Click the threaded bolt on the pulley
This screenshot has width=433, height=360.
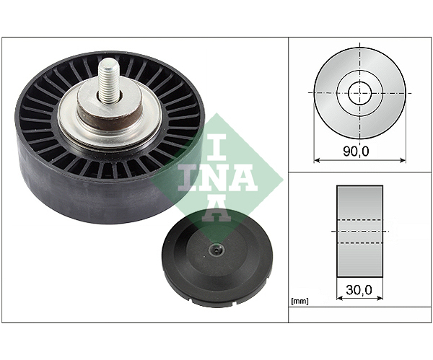[x=109, y=82]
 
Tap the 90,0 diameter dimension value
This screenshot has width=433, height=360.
[x=356, y=151]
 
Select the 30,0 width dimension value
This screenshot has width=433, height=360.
[x=359, y=289]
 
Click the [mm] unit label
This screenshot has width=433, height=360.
[x=300, y=301]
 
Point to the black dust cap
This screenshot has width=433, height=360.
[x=217, y=258]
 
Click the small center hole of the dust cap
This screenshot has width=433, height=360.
[x=216, y=250]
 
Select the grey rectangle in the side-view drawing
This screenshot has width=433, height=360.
[x=359, y=231]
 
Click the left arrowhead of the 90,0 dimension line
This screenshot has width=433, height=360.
[x=317, y=160]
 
